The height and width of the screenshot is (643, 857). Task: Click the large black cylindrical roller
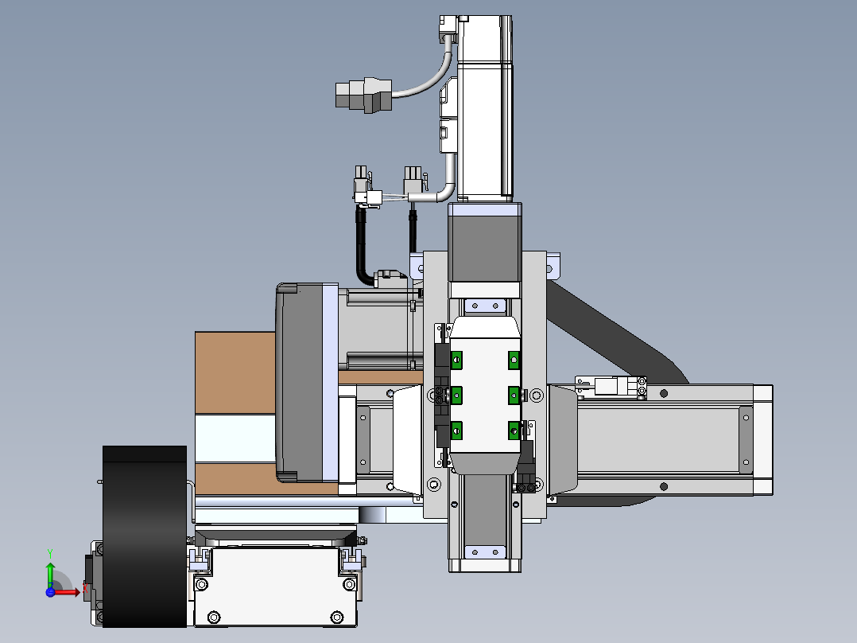tap(145, 536)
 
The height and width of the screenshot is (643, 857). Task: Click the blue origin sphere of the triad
tap(50, 592)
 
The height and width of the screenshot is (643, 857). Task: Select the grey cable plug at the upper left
tap(363, 95)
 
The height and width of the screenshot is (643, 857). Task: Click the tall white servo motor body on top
tap(484, 107)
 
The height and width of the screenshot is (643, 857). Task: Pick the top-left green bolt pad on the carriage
tap(456, 360)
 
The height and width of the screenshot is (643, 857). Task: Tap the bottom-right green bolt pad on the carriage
tap(514, 431)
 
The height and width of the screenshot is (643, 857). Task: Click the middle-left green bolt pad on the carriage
tap(456, 395)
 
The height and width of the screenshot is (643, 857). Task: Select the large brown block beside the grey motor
tap(235, 372)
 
